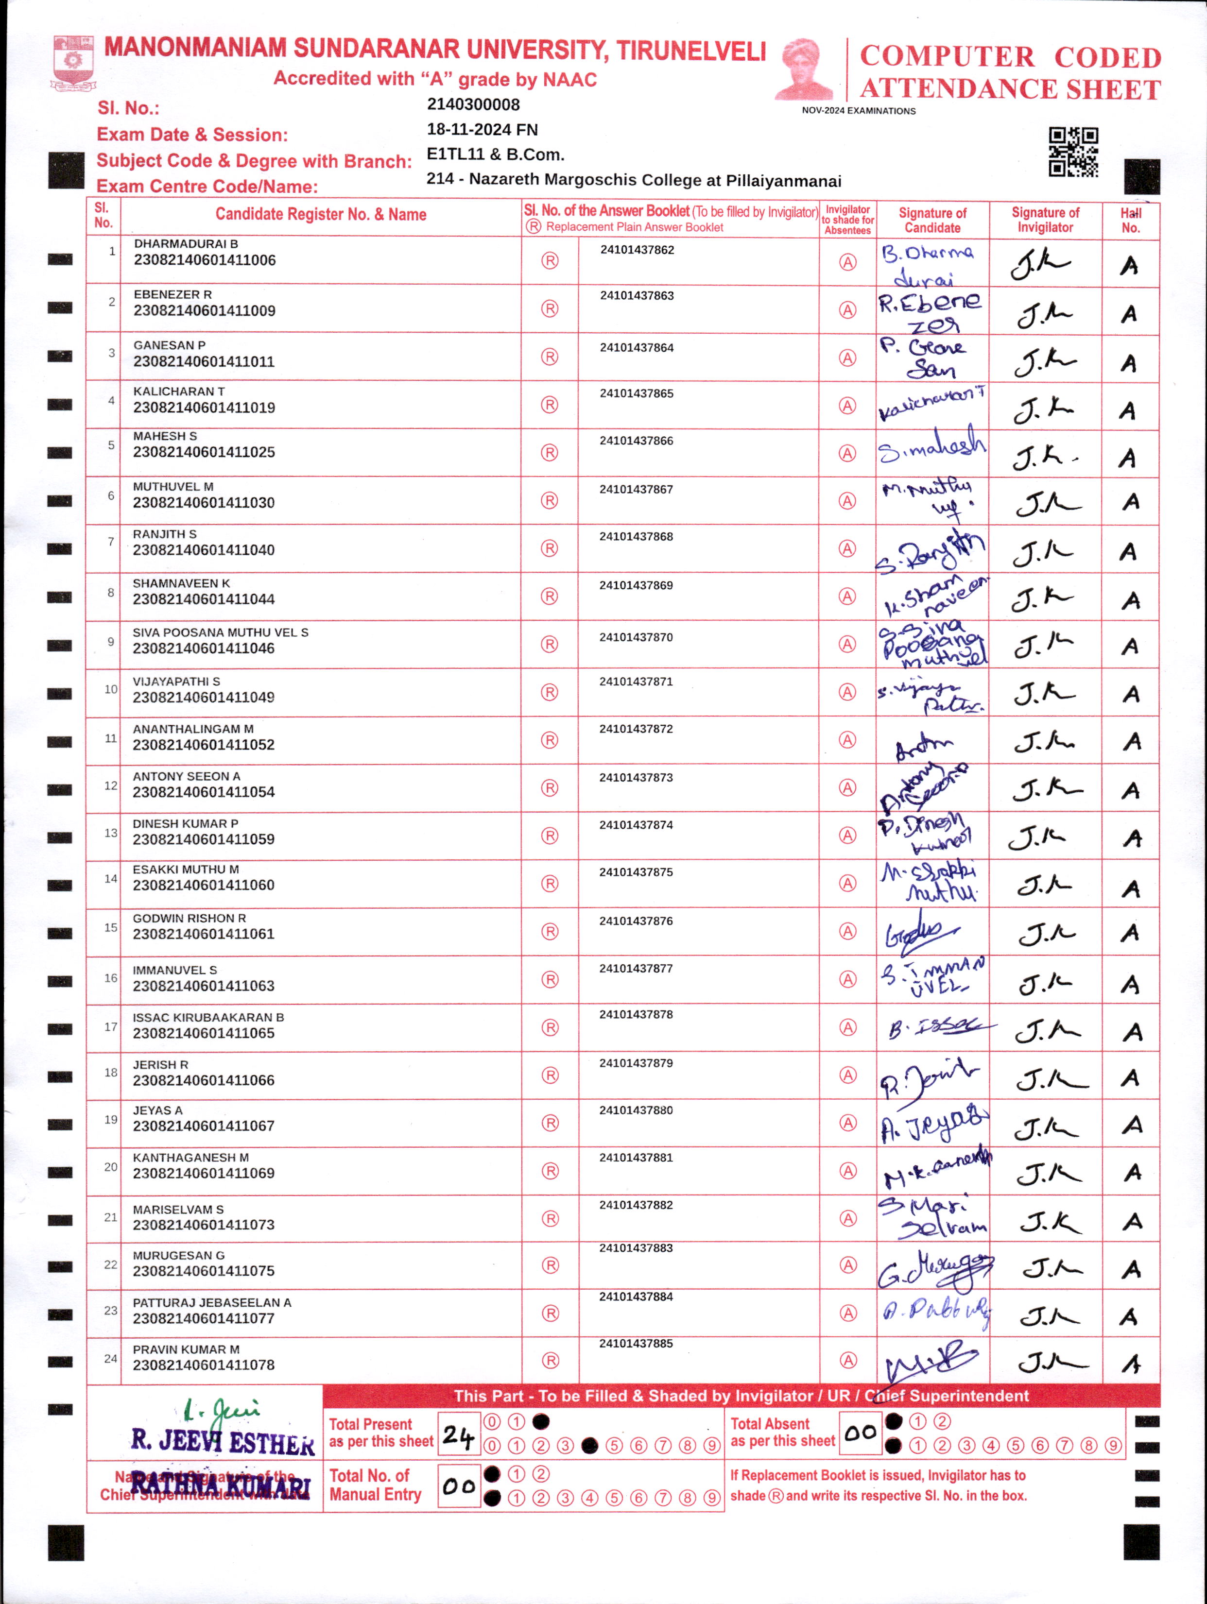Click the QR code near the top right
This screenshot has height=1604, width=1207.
1073,152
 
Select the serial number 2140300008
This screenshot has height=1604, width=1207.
473,104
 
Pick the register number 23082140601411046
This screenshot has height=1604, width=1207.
204,649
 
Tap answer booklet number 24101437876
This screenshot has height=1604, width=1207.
636,921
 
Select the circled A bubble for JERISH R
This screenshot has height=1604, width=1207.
847,1075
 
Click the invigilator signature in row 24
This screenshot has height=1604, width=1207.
1052,1363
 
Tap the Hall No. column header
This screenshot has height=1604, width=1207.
1130,221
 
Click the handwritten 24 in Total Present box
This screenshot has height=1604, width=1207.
458,1435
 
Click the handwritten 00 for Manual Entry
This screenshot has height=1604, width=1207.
458,1486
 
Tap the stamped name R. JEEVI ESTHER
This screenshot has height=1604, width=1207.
222,1442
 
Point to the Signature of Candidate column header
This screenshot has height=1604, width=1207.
932,221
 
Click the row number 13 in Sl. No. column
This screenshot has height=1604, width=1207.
110,833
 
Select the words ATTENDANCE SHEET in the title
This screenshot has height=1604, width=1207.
1010,90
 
